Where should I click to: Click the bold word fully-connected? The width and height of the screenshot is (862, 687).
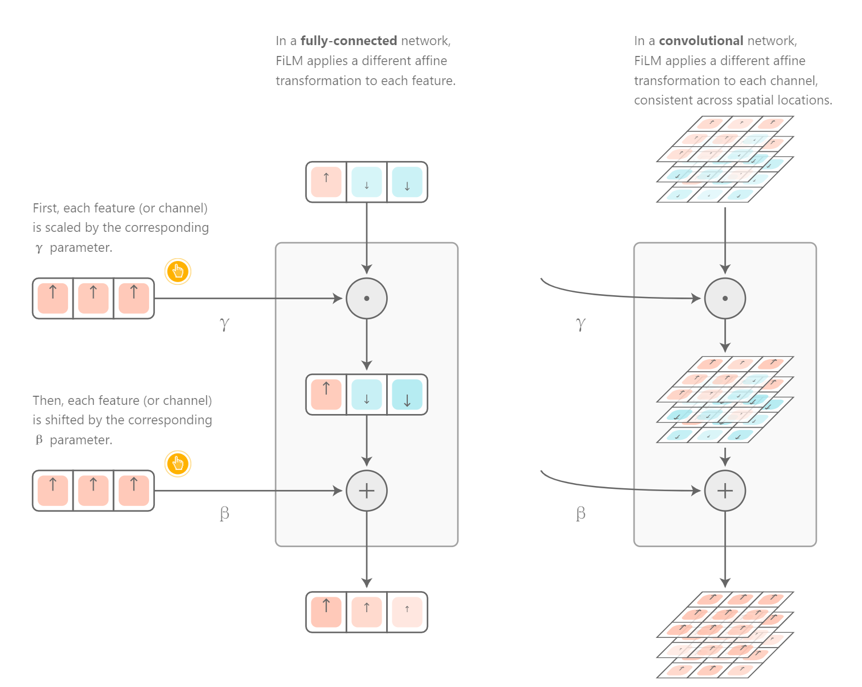[348, 41]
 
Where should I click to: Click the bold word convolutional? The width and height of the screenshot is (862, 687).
[701, 41]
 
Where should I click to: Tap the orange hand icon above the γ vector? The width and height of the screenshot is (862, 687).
[178, 271]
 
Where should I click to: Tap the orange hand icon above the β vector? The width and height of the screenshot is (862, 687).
[178, 464]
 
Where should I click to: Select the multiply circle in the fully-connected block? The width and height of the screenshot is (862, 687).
[367, 298]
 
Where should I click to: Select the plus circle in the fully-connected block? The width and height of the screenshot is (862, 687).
[367, 491]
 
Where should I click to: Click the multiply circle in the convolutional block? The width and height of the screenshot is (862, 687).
[725, 298]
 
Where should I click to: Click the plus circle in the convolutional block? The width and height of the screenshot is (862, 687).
[725, 491]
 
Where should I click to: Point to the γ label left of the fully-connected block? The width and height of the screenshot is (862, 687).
[224, 324]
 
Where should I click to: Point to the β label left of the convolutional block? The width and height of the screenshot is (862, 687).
[580, 513]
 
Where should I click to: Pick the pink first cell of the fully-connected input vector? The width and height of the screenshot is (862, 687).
[326, 182]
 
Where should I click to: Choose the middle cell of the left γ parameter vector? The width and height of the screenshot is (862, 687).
[93, 298]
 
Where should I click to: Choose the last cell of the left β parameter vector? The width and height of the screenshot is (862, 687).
[134, 491]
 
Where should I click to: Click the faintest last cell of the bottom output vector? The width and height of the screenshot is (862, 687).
[407, 612]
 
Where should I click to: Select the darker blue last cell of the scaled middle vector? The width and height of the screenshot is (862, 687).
[407, 395]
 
